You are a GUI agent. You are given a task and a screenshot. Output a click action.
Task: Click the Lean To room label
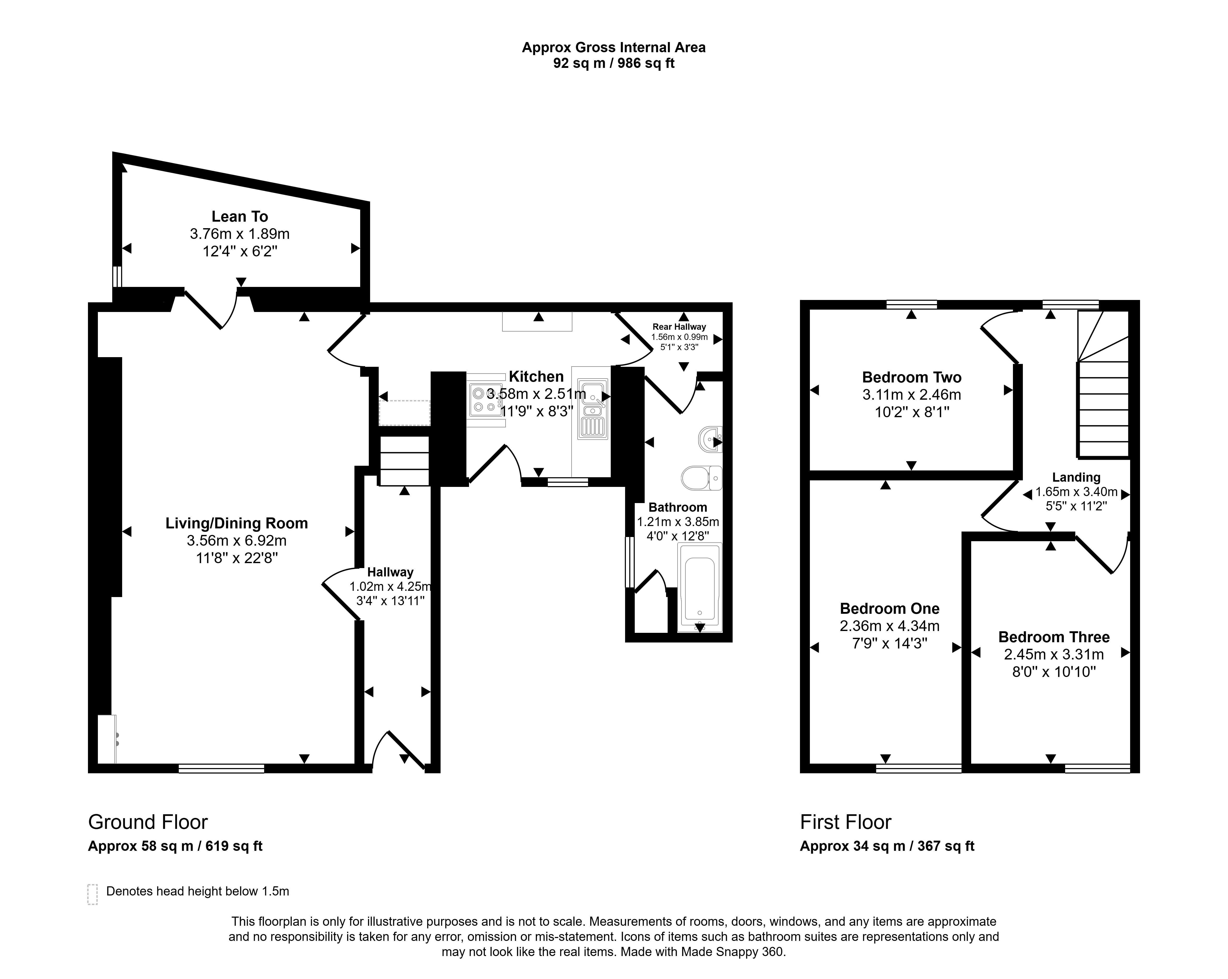click(240, 216)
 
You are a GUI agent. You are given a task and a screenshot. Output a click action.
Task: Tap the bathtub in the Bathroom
click(699, 587)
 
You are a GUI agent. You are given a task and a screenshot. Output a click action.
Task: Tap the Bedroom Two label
click(911, 377)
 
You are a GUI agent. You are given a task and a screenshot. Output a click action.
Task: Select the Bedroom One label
click(890, 609)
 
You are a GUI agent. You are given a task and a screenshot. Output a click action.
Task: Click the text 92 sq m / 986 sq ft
click(613, 63)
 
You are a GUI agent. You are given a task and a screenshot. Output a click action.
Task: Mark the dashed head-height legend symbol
click(92, 894)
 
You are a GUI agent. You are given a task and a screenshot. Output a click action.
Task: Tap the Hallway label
click(390, 572)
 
